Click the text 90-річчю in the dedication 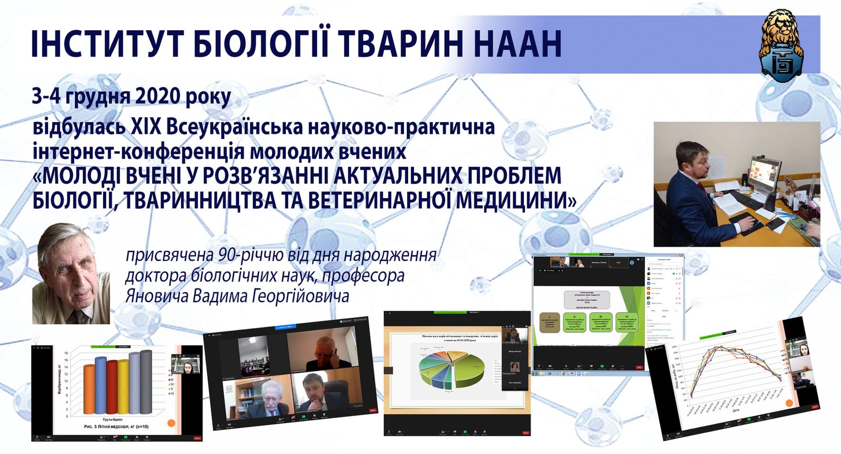click(x=246, y=255)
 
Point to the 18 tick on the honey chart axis click(x=66, y=353)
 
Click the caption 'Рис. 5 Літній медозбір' click(x=116, y=427)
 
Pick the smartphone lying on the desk click(x=775, y=224)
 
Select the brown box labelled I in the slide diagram click(x=549, y=323)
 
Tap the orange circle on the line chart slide click(x=789, y=403)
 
